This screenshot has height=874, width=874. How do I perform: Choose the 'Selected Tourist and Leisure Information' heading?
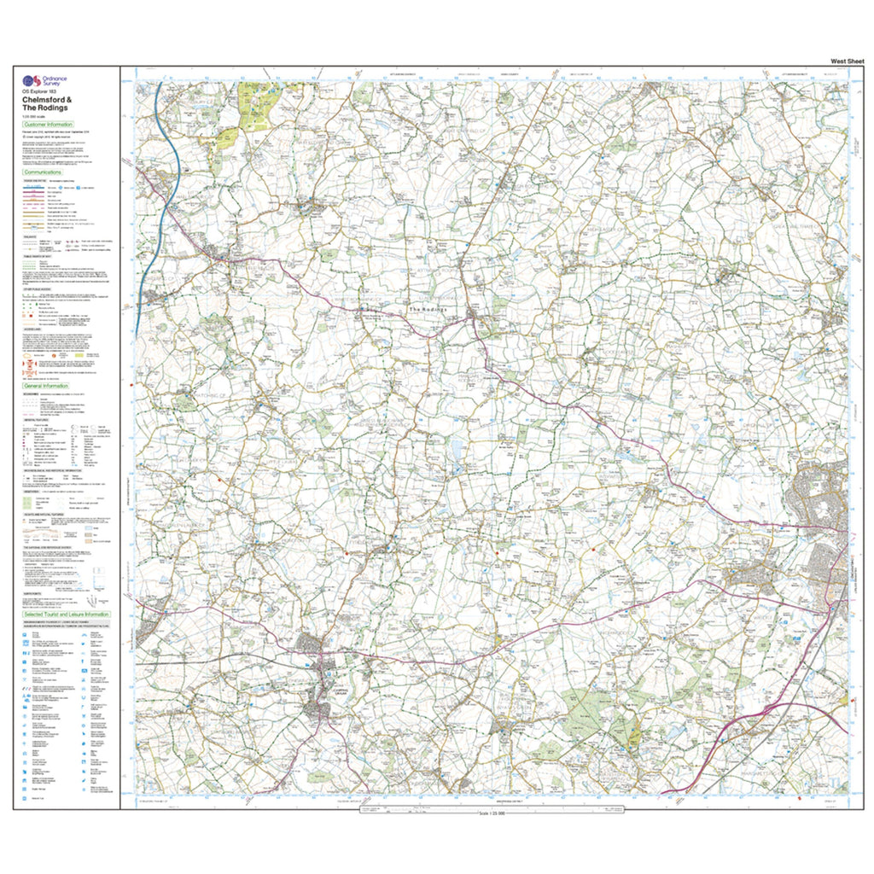tap(67, 615)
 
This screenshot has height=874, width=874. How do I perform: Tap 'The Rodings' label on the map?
tap(428, 310)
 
